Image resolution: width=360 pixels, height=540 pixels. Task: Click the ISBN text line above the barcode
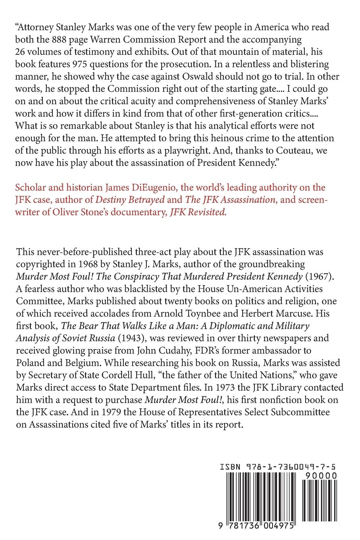(278, 469)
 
